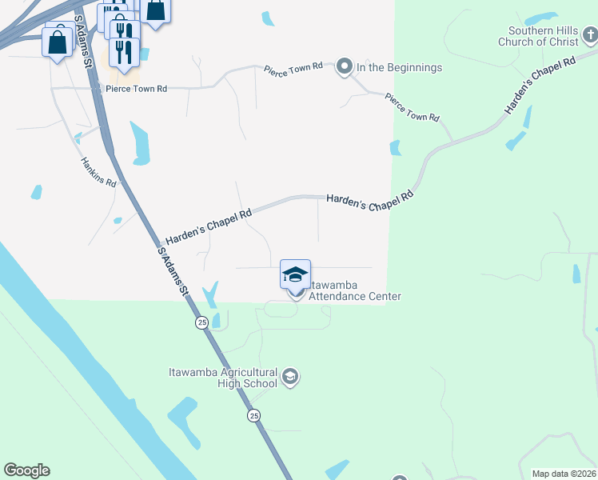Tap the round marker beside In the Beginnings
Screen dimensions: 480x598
(x=345, y=66)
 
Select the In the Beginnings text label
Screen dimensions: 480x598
(x=399, y=67)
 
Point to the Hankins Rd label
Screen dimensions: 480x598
(x=98, y=171)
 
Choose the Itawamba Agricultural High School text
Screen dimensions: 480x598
(x=223, y=378)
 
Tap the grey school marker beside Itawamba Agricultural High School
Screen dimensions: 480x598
(x=290, y=377)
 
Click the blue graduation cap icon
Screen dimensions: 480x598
(x=295, y=274)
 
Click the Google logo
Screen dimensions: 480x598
(x=26, y=470)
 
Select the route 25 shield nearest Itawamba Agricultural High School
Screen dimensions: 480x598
(x=253, y=415)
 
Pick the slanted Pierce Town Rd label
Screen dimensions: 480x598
(x=412, y=106)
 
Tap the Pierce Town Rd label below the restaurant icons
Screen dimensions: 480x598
(x=136, y=89)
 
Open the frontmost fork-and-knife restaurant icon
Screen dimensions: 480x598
(x=124, y=51)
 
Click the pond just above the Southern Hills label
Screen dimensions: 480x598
(x=541, y=17)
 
